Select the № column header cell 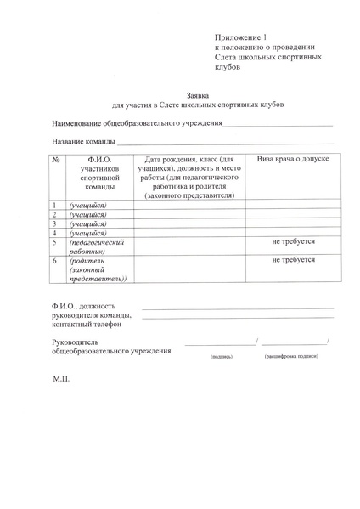[x=55, y=159]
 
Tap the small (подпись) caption [x=222, y=358]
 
